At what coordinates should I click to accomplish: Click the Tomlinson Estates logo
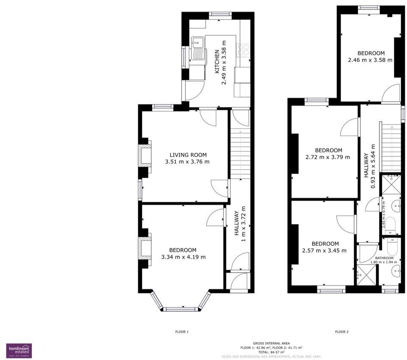19,350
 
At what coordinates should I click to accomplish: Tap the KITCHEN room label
217,62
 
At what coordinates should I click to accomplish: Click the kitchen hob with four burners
244,50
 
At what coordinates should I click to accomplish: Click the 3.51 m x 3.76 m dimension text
187,162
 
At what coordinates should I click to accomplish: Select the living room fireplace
145,156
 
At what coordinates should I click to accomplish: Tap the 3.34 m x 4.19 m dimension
184,257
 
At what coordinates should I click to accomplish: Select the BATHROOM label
384,258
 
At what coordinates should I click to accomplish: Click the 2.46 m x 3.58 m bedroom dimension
371,60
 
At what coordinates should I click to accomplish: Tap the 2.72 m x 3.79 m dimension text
328,157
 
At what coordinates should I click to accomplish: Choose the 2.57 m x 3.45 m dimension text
325,250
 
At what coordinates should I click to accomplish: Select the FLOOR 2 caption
342,332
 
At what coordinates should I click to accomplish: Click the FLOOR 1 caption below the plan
182,332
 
